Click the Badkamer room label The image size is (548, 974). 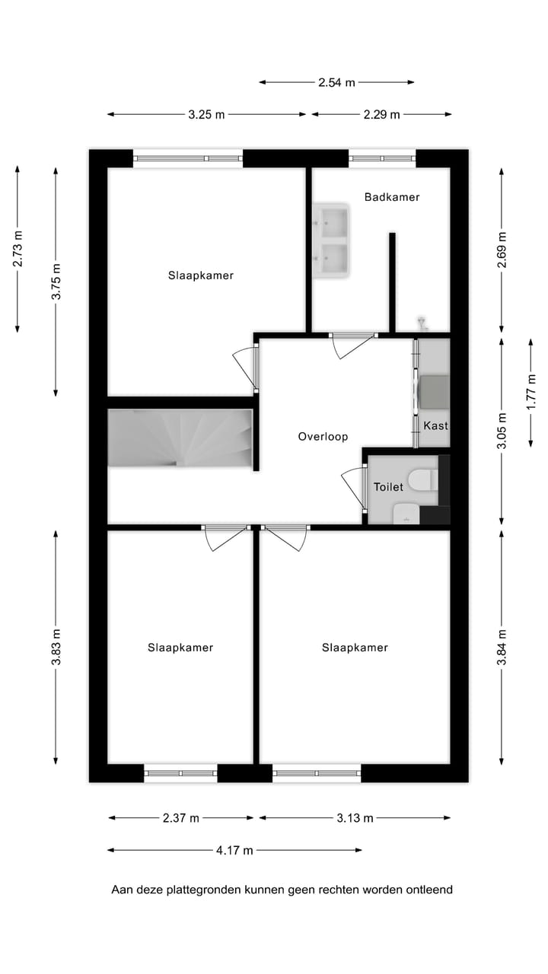click(392, 197)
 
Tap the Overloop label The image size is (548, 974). click(323, 437)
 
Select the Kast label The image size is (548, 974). click(436, 425)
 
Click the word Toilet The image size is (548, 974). click(388, 487)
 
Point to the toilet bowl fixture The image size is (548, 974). click(421, 480)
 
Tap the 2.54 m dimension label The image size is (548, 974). click(336, 82)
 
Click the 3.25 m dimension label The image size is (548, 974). click(206, 115)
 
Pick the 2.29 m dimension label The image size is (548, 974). click(381, 115)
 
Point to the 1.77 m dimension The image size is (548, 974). click(531, 392)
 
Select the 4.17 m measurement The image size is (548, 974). click(234, 851)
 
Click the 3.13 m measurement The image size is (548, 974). click(355, 818)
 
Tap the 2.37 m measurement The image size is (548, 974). click(181, 818)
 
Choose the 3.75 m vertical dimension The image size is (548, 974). click(56, 282)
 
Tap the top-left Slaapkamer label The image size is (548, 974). click(201, 275)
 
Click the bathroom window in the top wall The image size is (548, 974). click(382, 158)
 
